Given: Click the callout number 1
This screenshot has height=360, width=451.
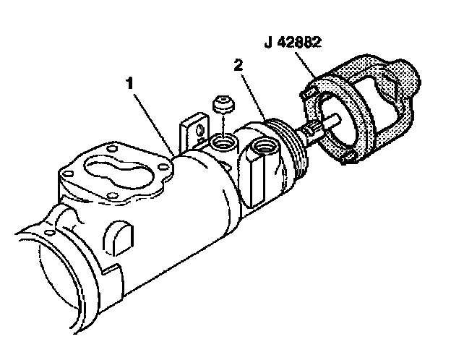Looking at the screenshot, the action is point(130,84).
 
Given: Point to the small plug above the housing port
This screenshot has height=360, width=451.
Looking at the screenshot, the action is point(223,105).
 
